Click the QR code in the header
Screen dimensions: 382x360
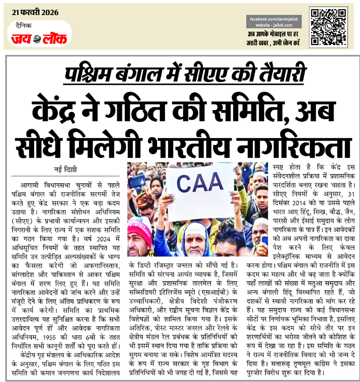328,27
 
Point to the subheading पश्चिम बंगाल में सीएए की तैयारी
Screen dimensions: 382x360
180,75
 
